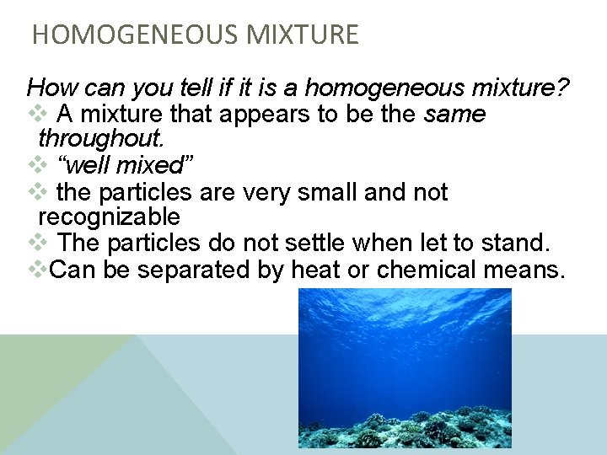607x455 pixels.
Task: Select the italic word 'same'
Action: pos(455,114)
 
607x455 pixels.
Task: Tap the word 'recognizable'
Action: pos(109,217)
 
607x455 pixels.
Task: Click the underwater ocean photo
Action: pos(405,367)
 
